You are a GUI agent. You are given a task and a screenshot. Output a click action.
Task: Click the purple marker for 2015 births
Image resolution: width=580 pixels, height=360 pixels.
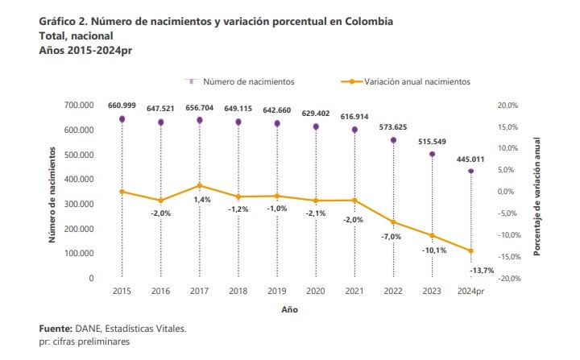122,119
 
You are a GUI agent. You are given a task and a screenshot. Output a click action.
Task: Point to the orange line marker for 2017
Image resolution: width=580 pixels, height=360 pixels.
199,185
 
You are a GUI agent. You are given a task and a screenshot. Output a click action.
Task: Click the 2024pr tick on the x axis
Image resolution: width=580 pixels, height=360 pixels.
470,292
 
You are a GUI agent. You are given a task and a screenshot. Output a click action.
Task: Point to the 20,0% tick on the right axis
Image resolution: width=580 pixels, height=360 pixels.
507,106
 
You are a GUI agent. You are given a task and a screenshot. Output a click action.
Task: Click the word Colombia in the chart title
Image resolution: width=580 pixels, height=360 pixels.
364,22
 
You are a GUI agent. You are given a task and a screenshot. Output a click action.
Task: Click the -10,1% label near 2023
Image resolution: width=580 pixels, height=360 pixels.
433,250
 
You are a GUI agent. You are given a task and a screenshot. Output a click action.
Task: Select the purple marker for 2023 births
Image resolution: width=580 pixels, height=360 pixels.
432,154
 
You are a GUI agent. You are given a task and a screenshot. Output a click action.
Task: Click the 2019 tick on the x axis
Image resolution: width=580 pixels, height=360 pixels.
277,292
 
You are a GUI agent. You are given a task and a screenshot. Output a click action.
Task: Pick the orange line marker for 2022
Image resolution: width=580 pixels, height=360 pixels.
393,221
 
